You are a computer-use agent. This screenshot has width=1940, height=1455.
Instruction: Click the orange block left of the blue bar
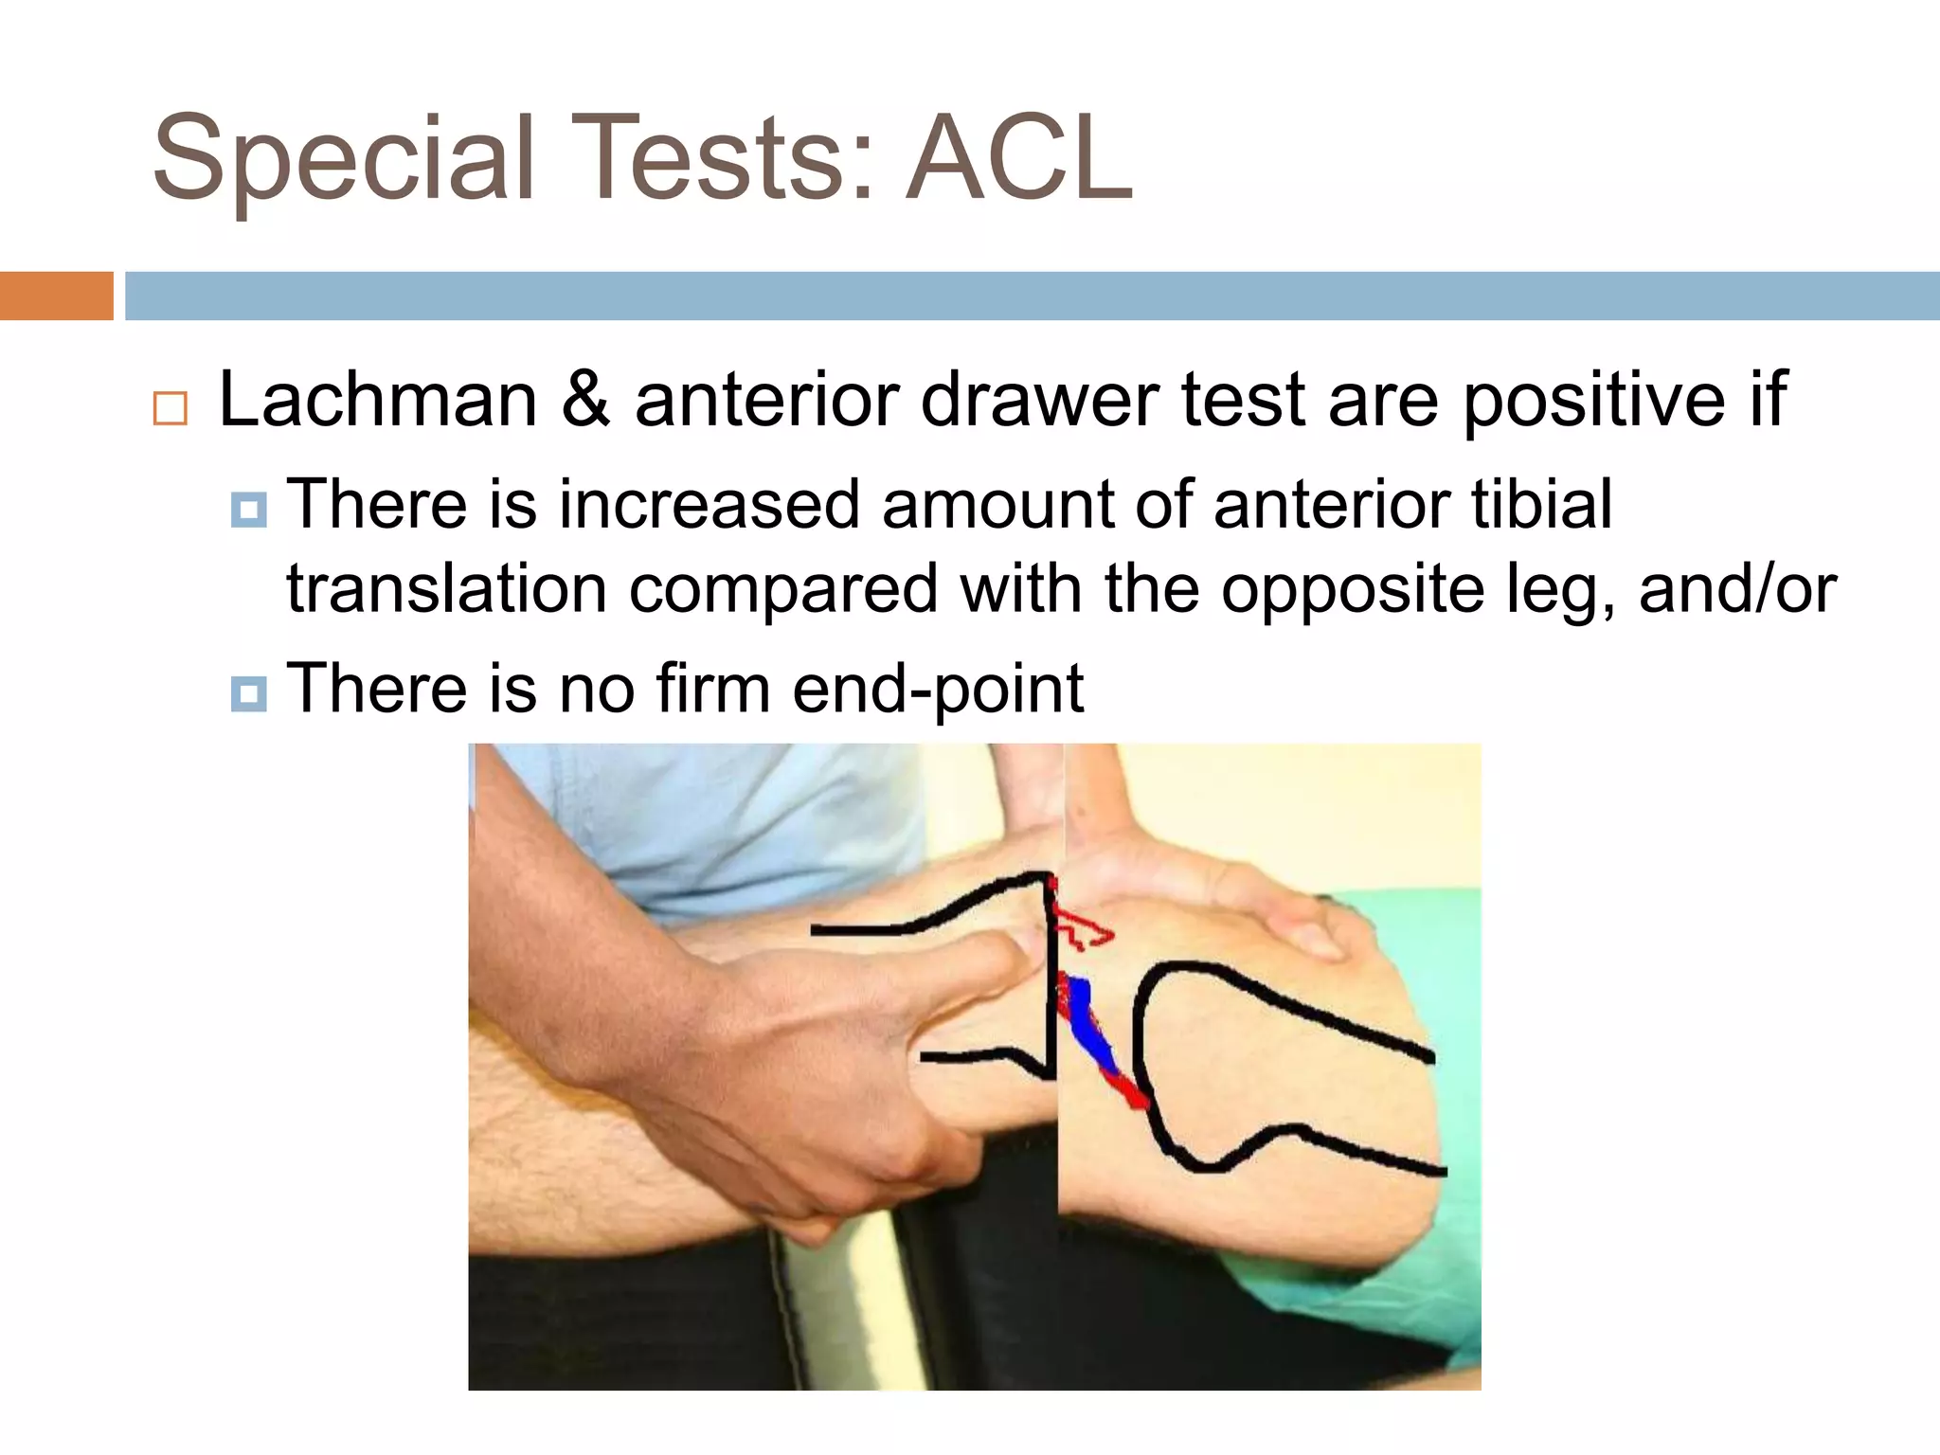(x=56, y=296)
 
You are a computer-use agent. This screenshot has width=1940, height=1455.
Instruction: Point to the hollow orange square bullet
(x=171, y=408)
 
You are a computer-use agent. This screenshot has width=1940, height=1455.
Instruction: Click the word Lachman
(x=378, y=400)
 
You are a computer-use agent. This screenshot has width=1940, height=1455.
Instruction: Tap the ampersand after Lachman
(x=585, y=400)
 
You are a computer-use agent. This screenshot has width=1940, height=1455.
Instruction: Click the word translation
(x=446, y=588)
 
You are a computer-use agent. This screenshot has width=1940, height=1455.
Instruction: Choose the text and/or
(x=1737, y=589)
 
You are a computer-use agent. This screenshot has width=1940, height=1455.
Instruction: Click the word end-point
(x=938, y=689)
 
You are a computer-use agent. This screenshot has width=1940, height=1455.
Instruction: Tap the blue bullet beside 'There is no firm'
(x=249, y=693)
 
